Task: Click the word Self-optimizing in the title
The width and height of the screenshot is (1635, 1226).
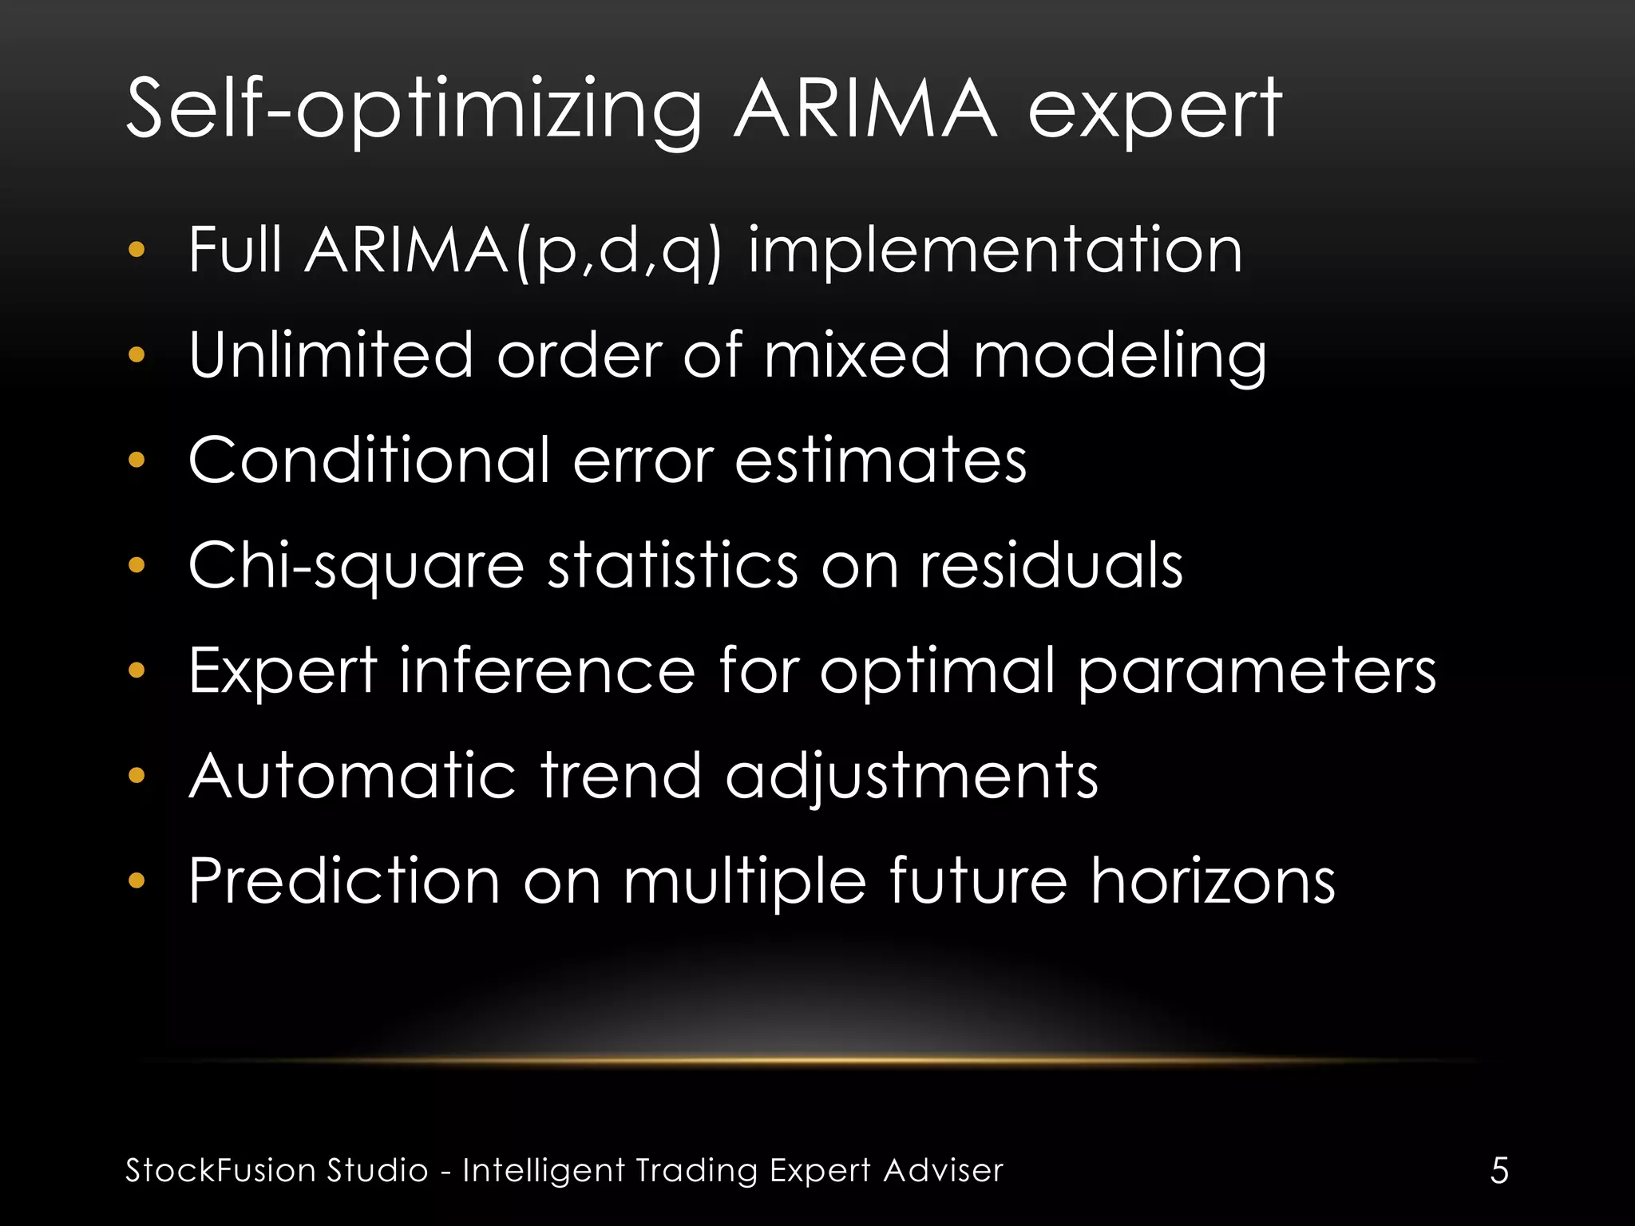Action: click(414, 110)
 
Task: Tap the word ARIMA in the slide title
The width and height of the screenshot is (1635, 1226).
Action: click(865, 110)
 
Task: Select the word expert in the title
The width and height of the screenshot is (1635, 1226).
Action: click(1154, 110)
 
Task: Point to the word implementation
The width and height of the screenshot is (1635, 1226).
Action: click(995, 251)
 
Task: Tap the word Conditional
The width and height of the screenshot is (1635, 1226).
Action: click(369, 461)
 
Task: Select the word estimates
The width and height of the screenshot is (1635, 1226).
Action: click(881, 461)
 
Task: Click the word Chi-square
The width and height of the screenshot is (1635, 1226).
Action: click(356, 566)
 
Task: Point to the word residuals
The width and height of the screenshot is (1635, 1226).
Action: click(1051, 565)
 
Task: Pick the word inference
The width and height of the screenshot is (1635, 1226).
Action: click(547, 670)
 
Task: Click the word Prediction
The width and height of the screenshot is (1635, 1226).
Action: click(344, 881)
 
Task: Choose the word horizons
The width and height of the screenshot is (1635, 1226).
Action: click(1213, 881)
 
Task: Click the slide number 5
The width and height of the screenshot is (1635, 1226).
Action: click(1499, 1171)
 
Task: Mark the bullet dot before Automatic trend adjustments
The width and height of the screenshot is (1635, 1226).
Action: click(137, 776)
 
